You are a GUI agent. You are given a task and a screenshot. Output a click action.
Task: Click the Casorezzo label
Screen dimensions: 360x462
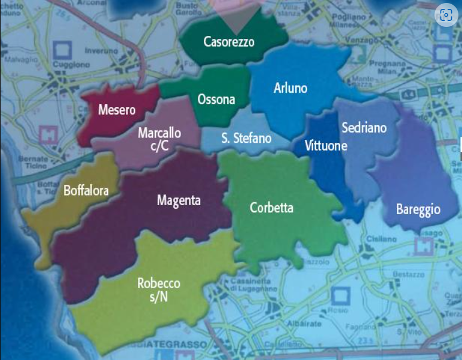coord(229,42)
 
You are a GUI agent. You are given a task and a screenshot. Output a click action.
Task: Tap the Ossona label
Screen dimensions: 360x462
coord(216,99)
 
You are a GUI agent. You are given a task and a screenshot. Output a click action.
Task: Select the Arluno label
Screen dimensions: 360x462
coord(290,88)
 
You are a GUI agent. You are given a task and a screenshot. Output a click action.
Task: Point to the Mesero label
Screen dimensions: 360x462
coord(117,110)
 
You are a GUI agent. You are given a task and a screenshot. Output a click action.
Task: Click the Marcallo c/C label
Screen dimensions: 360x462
coord(160,139)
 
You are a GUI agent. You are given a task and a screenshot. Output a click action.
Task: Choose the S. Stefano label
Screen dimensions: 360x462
coord(246,139)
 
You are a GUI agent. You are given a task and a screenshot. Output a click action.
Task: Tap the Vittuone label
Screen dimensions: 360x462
coord(326,145)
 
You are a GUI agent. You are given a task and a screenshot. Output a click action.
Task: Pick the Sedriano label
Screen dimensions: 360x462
coord(364,127)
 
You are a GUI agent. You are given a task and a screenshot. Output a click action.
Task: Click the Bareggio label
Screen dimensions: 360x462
coord(418,209)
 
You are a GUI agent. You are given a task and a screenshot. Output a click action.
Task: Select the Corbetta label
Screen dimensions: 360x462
coord(272,208)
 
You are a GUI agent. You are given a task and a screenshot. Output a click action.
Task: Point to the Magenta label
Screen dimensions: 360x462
coord(179,200)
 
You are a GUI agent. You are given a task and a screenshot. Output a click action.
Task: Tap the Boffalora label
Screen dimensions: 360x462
coord(86,191)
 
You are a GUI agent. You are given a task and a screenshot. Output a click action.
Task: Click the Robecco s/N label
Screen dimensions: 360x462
coord(159,289)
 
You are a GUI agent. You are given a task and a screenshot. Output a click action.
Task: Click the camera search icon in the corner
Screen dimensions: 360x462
coord(445,16)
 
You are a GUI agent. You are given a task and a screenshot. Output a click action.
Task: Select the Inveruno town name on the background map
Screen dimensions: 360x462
coord(102,51)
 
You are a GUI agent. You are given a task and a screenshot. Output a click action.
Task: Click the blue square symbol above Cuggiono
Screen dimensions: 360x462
coord(62,50)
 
